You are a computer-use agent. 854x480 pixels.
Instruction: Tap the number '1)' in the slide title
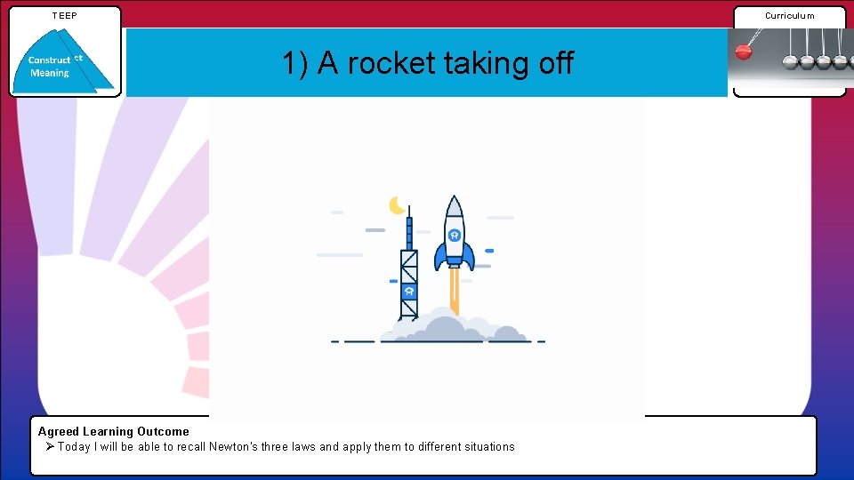pos(295,63)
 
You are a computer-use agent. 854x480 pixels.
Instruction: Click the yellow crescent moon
pos(397,205)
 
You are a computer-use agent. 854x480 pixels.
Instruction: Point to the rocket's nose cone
pos(454,207)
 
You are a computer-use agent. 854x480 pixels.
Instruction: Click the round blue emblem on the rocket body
pos(454,235)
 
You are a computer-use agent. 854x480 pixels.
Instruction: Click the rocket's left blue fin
pos(440,255)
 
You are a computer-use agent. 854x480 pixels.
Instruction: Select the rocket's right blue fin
pos(468,255)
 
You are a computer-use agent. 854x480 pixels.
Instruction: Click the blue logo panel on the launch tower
pos(408,291)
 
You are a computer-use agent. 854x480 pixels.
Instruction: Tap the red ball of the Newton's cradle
pos(743,52)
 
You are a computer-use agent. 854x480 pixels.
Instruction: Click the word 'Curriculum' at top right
pos(789,15)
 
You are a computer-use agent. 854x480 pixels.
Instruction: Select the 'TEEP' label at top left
pos(65,15)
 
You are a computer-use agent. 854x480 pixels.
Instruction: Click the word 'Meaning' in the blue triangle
pos(49,73)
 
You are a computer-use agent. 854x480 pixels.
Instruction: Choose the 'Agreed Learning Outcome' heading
pos(113,431)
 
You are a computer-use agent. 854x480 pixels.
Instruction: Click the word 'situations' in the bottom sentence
pos(487,446)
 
